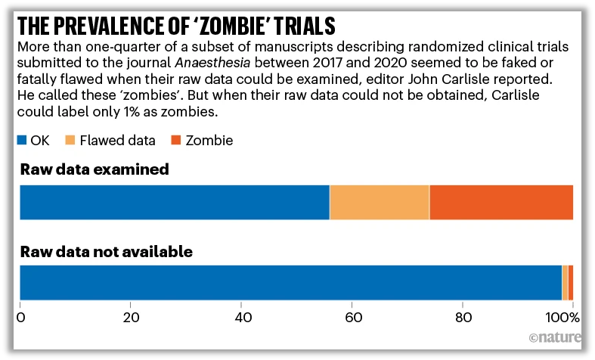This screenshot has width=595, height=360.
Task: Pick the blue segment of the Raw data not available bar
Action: click(x=290, y=283)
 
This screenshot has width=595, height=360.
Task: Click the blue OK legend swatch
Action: click(x=23, y=140)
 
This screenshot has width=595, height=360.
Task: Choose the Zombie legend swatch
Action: click(x=175, y=140)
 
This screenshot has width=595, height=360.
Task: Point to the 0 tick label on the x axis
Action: click(x=20, y=316)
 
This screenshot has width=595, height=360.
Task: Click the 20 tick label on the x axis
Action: click(x=131, y=316)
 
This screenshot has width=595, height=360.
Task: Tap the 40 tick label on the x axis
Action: click(x=242, y=316)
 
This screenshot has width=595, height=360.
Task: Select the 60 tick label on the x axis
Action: click(x=352, y=316)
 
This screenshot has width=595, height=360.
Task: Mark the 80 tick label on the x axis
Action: click(x=463, y=316)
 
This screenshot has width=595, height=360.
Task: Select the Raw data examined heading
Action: click(x=94, y=169)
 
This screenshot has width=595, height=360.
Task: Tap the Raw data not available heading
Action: click(x=107, y=251)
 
